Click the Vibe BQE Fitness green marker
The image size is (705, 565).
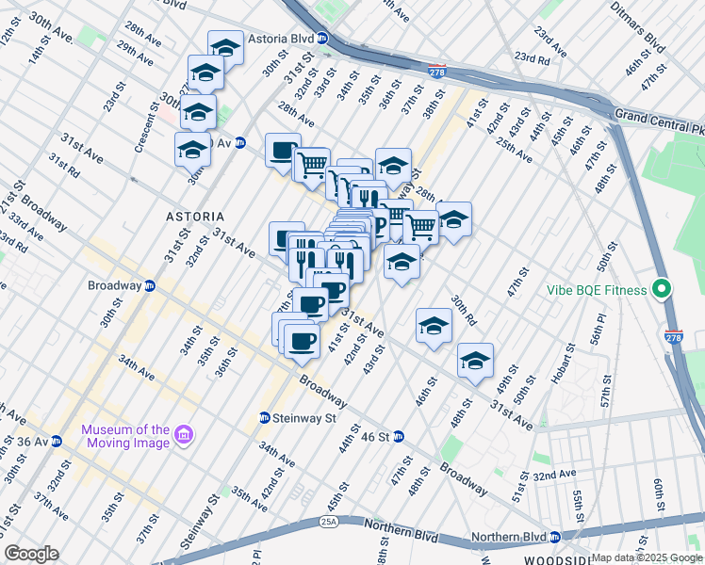coord(662,290)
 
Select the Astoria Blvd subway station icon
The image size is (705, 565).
coord(322,40)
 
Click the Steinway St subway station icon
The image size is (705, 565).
coord(266,417)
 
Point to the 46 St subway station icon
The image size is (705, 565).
coord(398,436)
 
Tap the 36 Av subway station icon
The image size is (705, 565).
coord(57,440)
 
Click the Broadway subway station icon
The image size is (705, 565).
coord(149,285)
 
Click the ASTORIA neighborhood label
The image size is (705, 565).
coord(195,216)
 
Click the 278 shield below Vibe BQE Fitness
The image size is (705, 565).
coord(673,336)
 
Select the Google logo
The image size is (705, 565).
coord(31,554)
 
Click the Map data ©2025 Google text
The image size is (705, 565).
coord(646,557)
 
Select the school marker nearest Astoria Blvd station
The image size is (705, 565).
coord(225,47)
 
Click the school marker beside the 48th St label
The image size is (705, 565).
coord(476,360)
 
